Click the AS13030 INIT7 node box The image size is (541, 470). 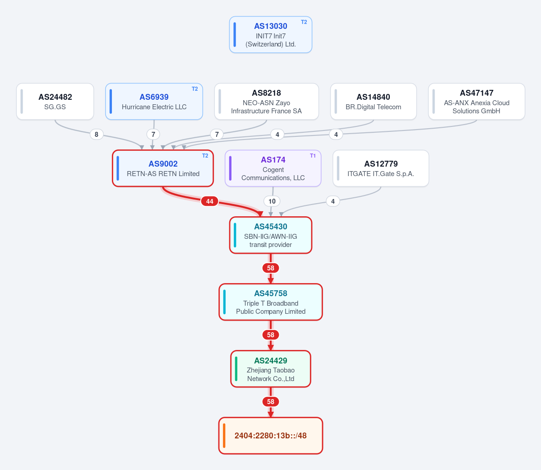pos(271,34)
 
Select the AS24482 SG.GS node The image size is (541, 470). pos(55,102)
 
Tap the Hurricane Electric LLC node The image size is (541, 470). pos(154,102)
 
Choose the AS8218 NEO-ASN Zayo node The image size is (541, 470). pos(266,102)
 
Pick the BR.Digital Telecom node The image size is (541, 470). pos(373,102)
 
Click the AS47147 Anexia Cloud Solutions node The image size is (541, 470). pos(476,102)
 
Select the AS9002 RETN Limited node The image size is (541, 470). pos(163,168)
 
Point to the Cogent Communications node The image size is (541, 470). pos(273,168)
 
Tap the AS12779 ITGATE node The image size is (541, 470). pos(381,168)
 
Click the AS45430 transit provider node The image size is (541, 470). pos(271,235)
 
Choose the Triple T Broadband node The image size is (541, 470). pos(271,302)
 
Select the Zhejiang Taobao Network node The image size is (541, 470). pos(271,369)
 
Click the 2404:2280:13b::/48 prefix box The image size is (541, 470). pos(271,436)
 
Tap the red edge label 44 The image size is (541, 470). pos(209,201)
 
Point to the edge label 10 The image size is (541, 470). pos(272,201)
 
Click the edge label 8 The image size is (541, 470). pos(97,135)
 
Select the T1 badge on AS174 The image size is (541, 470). pos(313,156)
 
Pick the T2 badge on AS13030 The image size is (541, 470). pos(304,22)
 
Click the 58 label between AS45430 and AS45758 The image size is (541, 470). pos(271,268)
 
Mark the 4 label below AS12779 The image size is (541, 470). pos(333,201)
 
